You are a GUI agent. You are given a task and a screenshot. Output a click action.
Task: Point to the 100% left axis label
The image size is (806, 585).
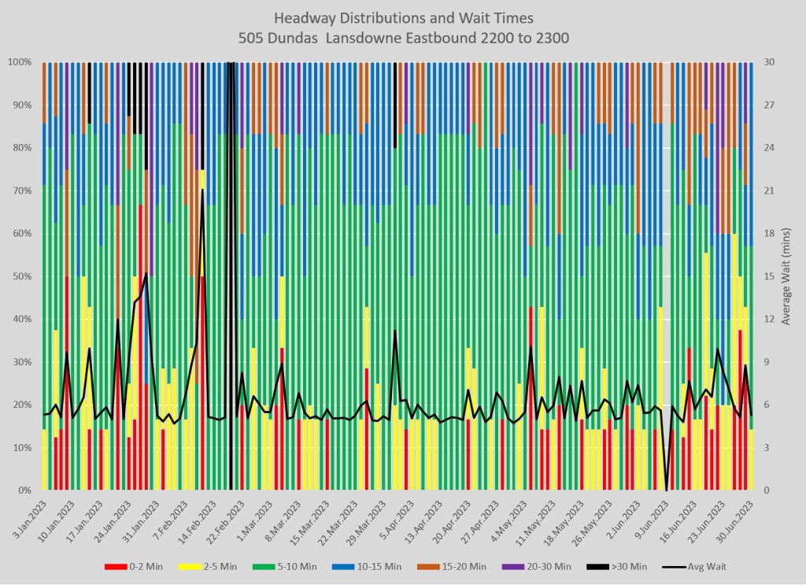[x=19, y=62]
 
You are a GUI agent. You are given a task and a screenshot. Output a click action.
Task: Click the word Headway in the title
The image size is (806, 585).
[x=303, y=17]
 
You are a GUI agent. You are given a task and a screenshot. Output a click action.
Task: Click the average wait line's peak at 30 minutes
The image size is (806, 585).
[x=231, y=63]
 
